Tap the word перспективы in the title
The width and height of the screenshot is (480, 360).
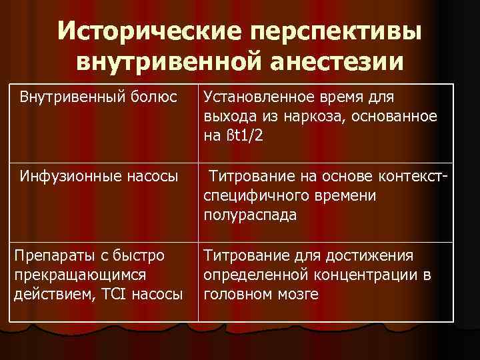(x=346, y=32)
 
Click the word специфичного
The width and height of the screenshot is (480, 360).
(x=257, y=196)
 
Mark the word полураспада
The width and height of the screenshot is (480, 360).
(x=251, y=215)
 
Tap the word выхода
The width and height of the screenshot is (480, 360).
(x=227, y=117)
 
